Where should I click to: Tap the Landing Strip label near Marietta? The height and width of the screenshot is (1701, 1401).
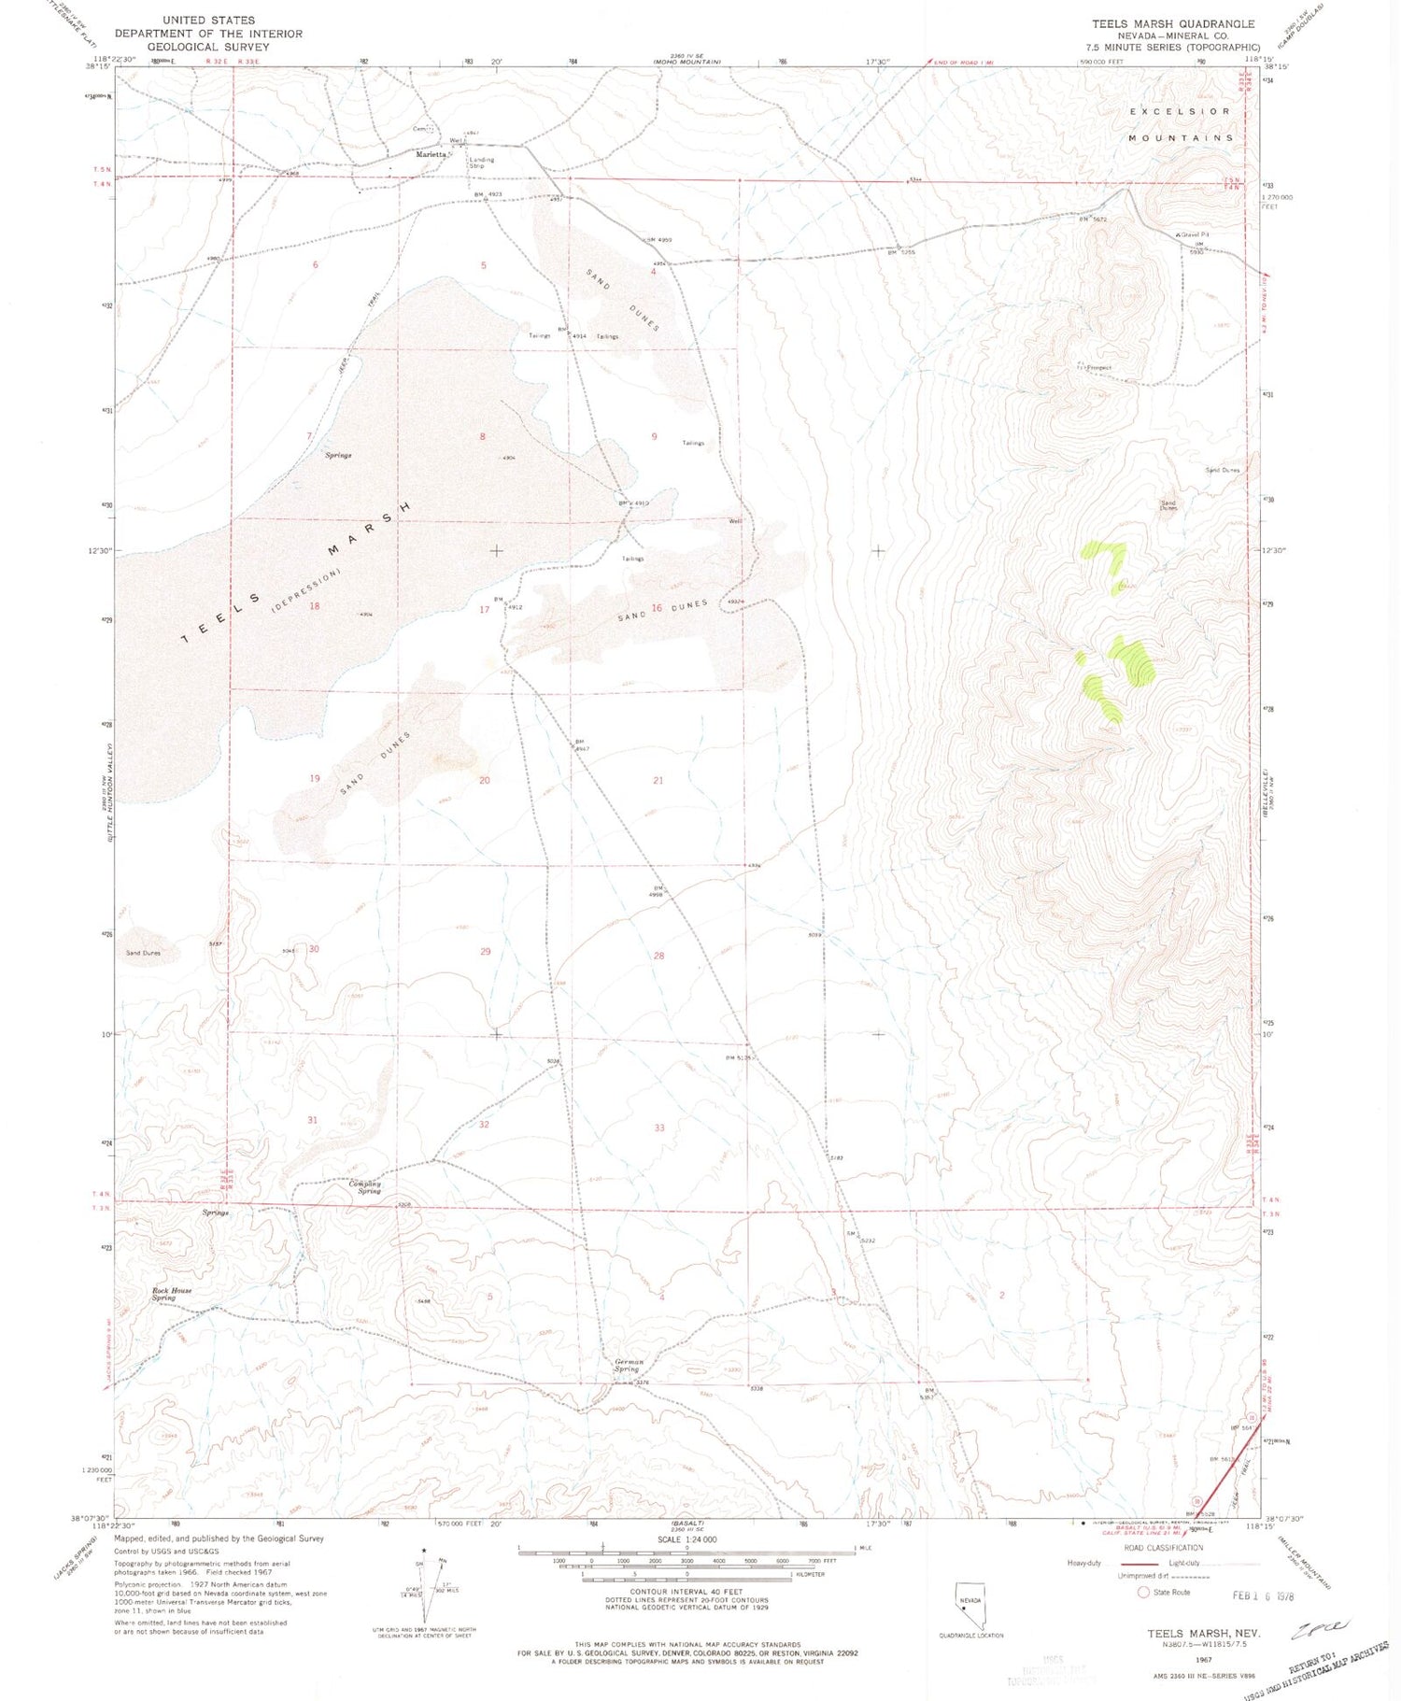(481, 163)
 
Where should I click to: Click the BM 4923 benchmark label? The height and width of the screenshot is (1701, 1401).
(488, 194)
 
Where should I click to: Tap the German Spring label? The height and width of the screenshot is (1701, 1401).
(629, 1365)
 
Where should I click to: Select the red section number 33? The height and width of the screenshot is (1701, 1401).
(659, 1127)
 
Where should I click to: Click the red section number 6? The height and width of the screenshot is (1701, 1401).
(316, 265)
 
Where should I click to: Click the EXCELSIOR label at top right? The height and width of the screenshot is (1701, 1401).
(1181, 111)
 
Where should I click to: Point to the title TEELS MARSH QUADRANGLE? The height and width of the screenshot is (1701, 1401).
(1173, 23)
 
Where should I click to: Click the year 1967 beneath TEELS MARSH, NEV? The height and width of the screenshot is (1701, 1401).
(1204, 1659)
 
